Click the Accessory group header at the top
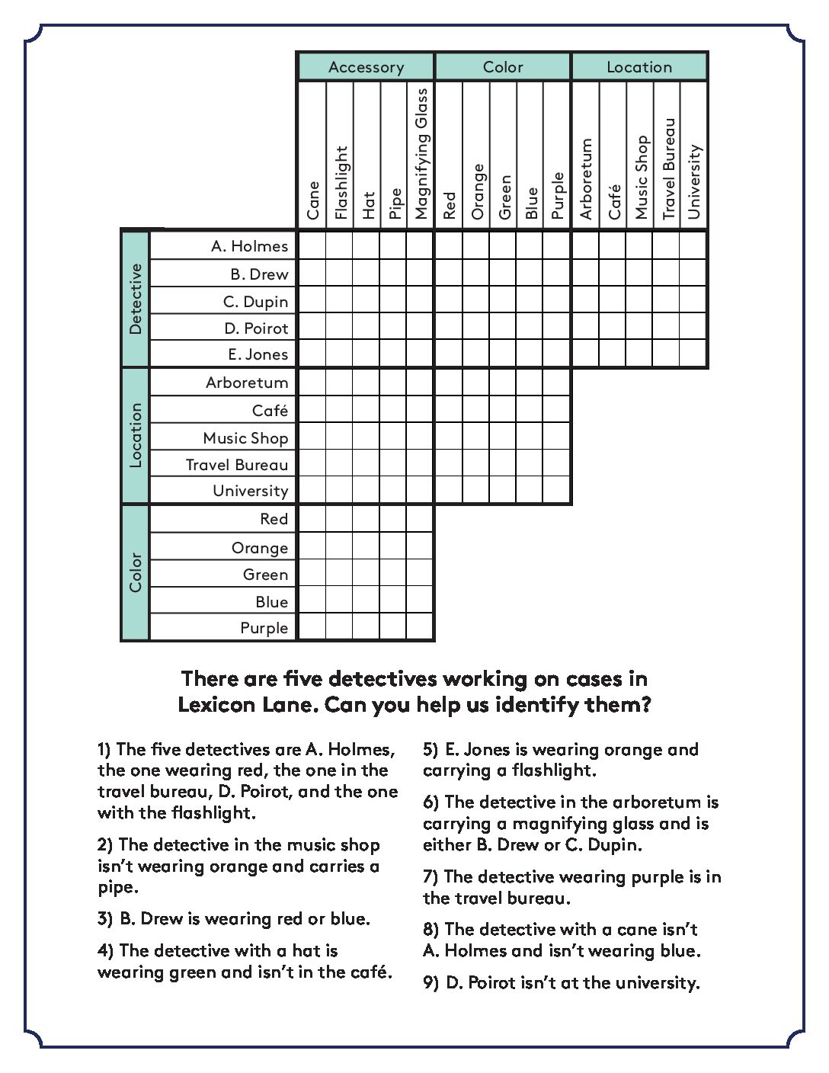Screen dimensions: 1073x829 pos(366,67)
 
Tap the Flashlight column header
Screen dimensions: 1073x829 pos(340,182)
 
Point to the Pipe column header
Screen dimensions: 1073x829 pos(394,203)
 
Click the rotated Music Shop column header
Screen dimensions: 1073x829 pos(641,177)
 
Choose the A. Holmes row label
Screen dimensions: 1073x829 pos(249,246)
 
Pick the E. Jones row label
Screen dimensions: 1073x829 pos(258,354)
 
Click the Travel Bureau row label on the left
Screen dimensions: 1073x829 pos(237,465)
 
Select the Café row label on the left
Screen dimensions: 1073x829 pos(270,411)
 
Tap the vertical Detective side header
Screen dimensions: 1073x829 pos(136,299)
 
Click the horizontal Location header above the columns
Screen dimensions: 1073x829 pos(639,67)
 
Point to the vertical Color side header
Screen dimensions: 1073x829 pos(136,572)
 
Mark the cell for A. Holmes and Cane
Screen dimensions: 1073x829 pos(312,246)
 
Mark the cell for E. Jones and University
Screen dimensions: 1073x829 pos(693,354)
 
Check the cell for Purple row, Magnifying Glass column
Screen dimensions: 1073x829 pos(420,627)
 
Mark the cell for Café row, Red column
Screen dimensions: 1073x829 pos(449,410)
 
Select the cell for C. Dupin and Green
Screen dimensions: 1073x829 pos(503,301)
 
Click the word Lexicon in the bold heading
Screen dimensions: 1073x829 pos(216,704)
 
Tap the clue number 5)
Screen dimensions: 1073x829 pos(431,750)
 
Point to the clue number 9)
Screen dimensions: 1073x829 pos(431,983)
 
